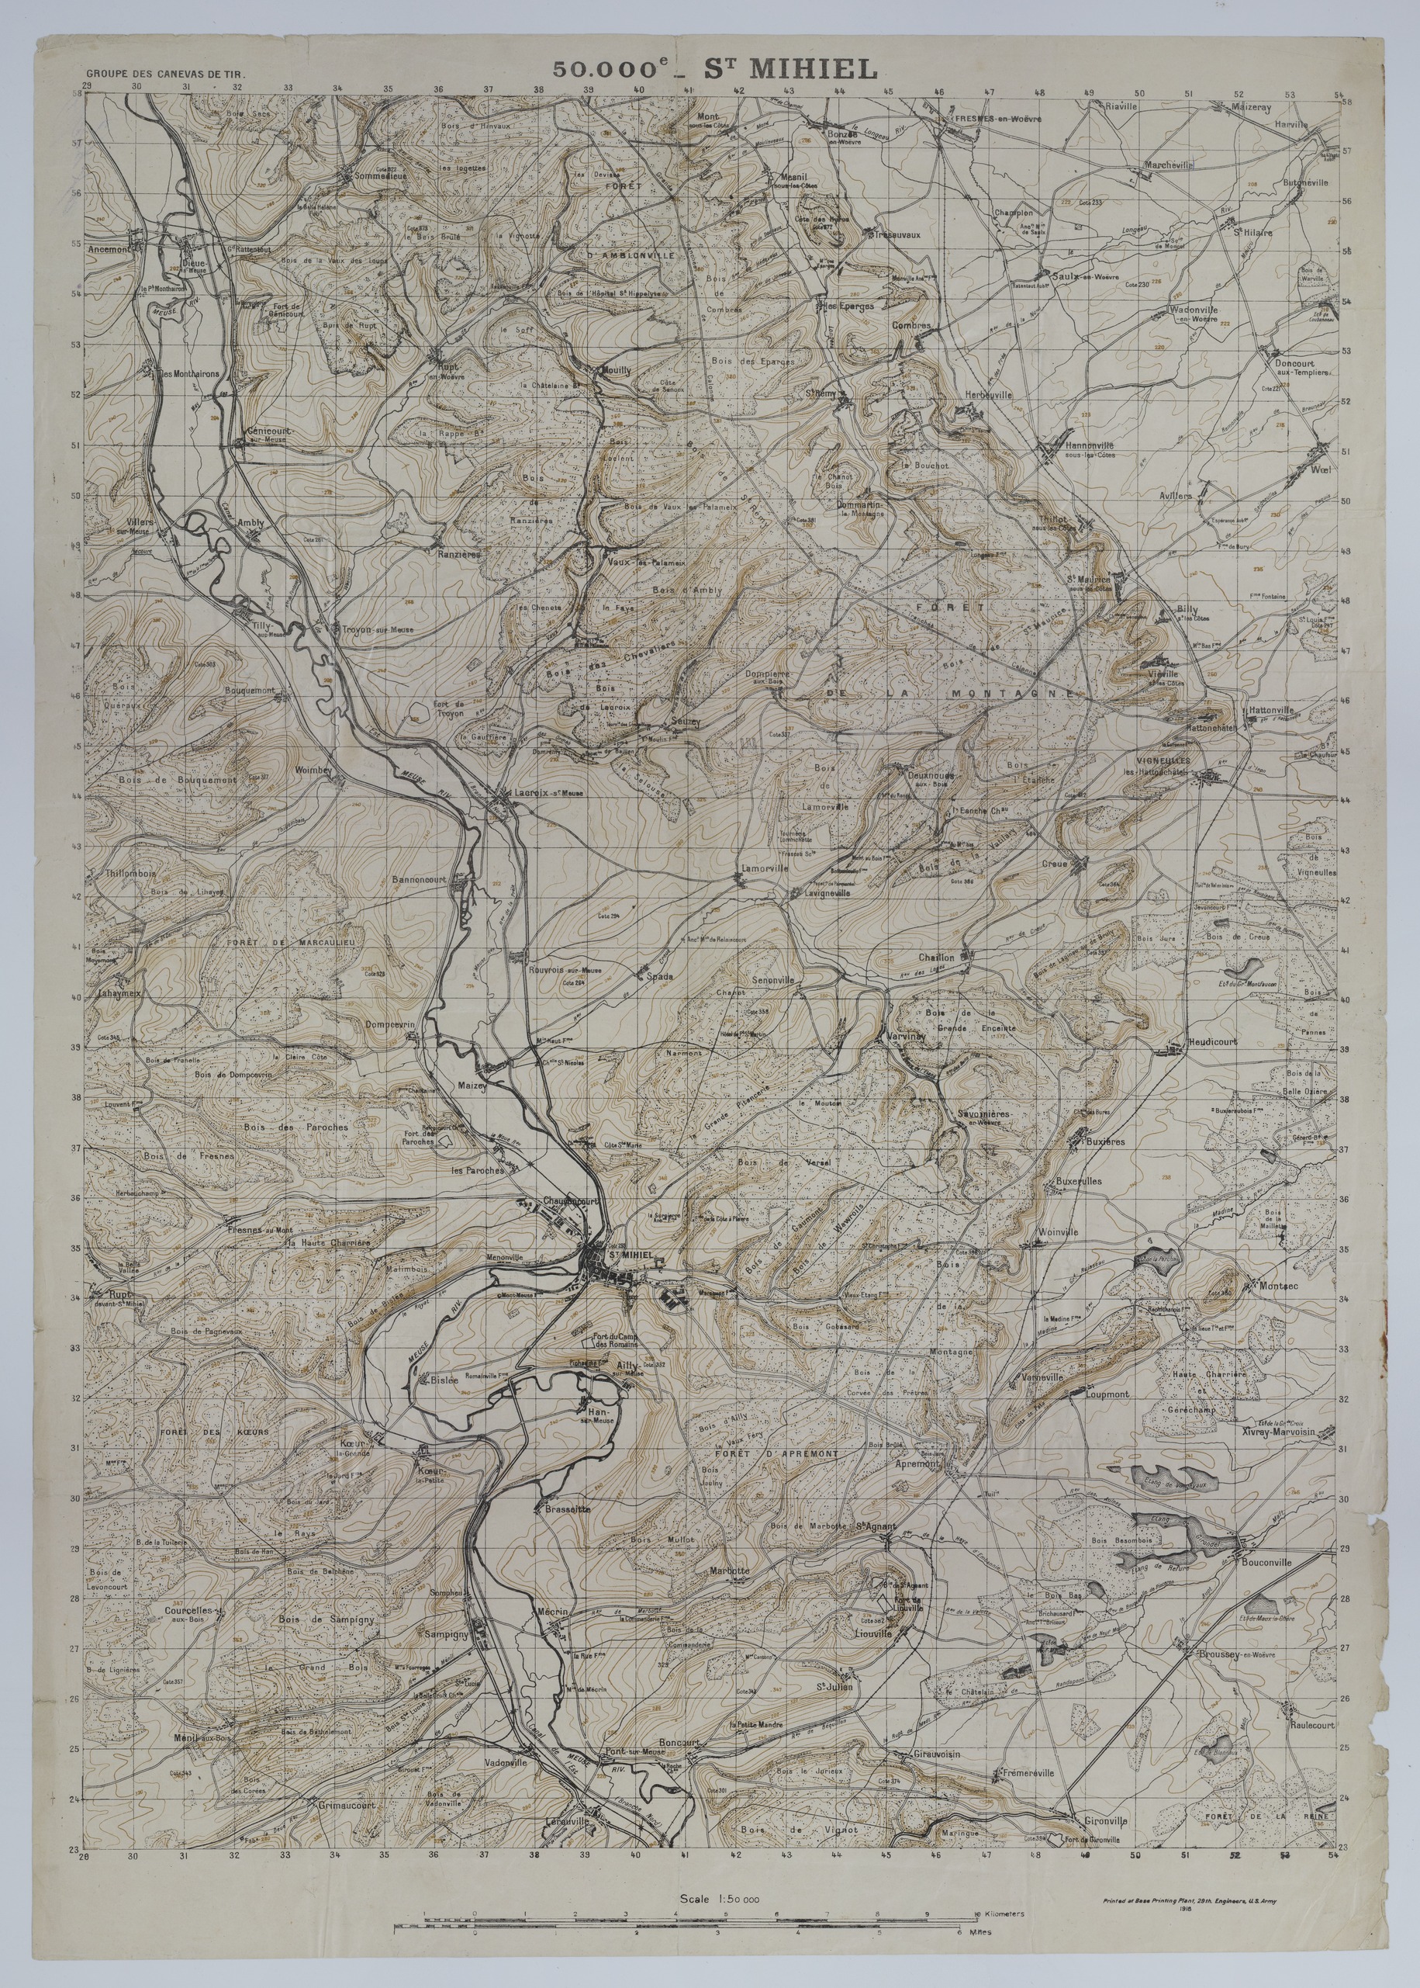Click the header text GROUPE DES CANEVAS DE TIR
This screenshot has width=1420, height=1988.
pyautogui.click(x=165, y=76)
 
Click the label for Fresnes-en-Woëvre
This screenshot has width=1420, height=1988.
pyautogui.click(x=997, y=118)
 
